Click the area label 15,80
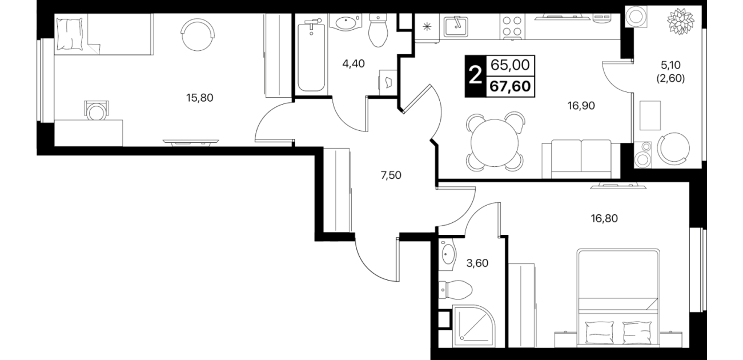tap(200, 98)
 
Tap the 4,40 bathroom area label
tap(354, 63)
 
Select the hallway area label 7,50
tap(391, 175)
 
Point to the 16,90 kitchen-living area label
tap(581, 106)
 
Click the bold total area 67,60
tap(510, 86)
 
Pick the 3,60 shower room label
tap(477, 263)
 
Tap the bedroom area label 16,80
tap(604, 218)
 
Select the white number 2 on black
tap(475, 76)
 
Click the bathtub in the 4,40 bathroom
tap(311, 55)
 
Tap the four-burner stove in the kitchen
tap(512, 26)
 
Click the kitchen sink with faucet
tap(456, 26)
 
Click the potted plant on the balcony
tap(681, 22)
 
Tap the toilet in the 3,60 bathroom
tap(455, 290)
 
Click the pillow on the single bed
tap(70, 34)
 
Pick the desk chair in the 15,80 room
tap(97, 110)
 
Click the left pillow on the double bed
tap(600, 332)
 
